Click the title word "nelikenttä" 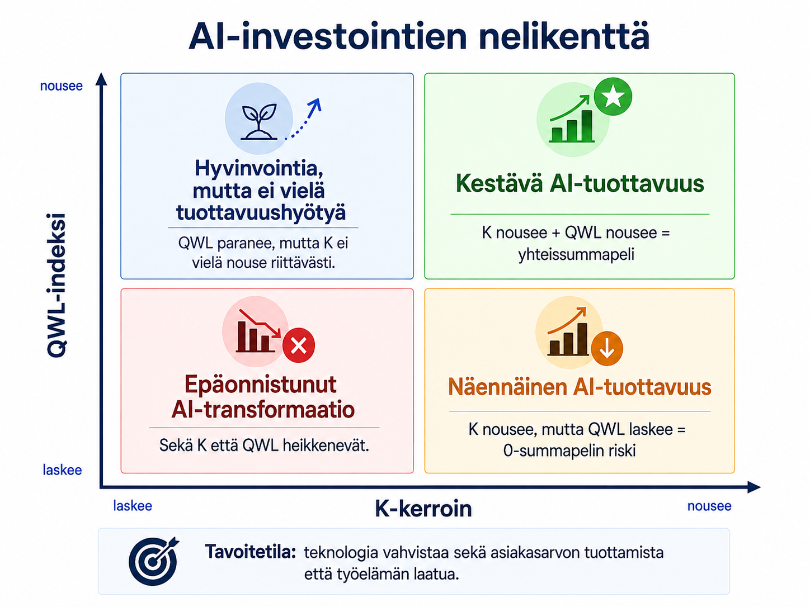(x=563, y=37)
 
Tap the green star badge (x=613, y=97)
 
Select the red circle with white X (x=299, y=345)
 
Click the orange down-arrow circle (x=607, y=348)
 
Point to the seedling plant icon (x=259, y=122)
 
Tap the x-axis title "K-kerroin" (x=423, y=509)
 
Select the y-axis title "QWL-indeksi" (x=56, y=285)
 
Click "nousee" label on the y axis (x=62, y=86)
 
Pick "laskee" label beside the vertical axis (x=62, y=470)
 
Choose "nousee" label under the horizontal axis (x=709, y=506)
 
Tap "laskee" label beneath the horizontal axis (x=133, y=506)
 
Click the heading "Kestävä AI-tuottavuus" (x=580, y=183)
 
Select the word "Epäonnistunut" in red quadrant (x=261, y=384)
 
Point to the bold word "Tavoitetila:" (x=251, y=552)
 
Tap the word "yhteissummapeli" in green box (x=576, y=255)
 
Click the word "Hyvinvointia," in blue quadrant (x=259, y=169)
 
